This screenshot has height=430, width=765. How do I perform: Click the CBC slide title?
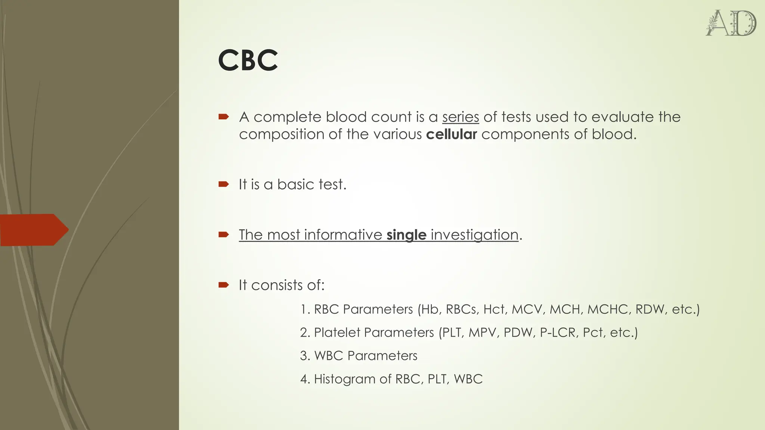pos(248,60)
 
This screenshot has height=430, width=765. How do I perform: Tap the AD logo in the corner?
pos(731,23)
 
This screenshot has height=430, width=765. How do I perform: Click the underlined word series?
pos(460,117)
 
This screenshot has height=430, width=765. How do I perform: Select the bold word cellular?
pos(451,134)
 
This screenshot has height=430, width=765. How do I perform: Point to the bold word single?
pos(406,235)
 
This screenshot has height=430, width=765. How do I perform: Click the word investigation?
pos(474,235)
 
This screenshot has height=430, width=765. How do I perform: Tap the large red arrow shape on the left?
pos(34,230)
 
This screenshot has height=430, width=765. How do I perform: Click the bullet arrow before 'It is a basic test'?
pos(223,184)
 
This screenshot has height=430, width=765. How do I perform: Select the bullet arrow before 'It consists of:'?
pos(223,285)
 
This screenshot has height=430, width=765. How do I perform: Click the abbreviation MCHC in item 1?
pos(608,309)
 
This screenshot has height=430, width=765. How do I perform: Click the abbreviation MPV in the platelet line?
pos(483,333)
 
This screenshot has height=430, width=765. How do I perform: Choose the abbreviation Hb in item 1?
pos(430,309)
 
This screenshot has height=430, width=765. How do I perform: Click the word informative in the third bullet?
pos(343,235)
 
